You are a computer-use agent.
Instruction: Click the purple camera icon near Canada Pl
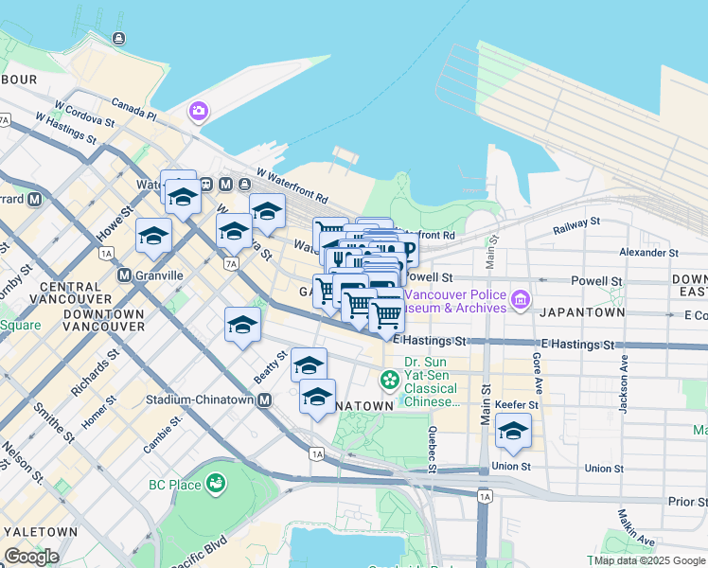pos(198,112)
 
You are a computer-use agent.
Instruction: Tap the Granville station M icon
pos(124,275)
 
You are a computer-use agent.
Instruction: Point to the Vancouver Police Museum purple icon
pos(520,300)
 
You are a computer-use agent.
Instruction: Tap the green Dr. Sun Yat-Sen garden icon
pos(389,380)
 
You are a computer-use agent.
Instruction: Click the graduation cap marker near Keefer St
pos(513,431)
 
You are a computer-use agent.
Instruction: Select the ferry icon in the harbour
pos(118,38)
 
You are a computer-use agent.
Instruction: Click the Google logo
pos(31,556)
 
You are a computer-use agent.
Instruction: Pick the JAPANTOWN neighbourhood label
pos(581,311)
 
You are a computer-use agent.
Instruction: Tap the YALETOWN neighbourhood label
pos(39,532)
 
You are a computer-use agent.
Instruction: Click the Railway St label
pos(576,223)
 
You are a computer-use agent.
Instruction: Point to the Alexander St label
pos(648,253)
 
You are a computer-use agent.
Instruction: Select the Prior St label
pos(686,501)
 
